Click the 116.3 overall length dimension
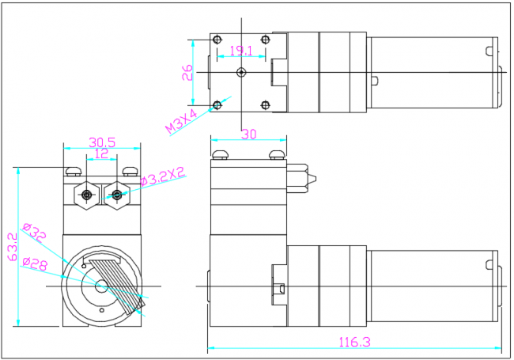(355, 342)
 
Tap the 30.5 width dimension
(103, 142)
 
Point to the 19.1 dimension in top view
(240, 51)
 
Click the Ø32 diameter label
(36, 234)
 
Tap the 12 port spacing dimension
(102, 153)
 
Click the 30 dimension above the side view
(248, 135)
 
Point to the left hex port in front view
(86, 194)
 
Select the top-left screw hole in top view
(218, 40)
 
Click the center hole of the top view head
(241, 72)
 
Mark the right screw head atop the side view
(276, 153)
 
